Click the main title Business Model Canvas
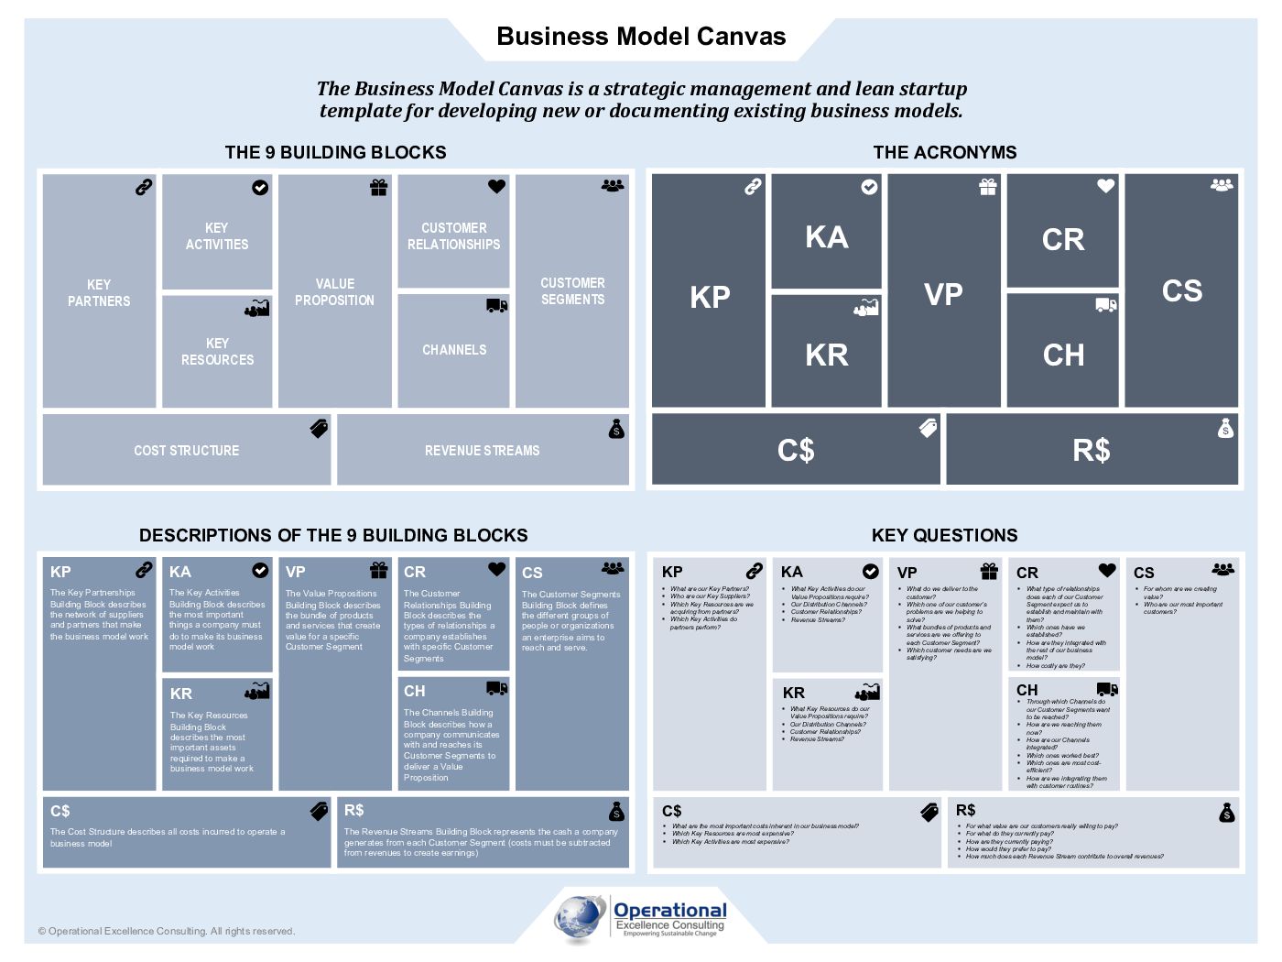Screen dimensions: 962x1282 [x=641, y=37]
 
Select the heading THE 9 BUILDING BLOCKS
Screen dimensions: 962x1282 [x=335, y=152]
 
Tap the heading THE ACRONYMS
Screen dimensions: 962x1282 [x=944, y=152]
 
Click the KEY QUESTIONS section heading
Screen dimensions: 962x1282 [x=944, y=535]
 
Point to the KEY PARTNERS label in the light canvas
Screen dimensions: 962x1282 [x=99, y=292]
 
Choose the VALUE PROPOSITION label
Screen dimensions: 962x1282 [x=334, y=291]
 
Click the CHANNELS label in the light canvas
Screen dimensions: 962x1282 [x=454, y=350]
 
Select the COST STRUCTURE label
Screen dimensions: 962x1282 [x=186, y=451]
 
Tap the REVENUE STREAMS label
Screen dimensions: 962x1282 [x=482, y=451]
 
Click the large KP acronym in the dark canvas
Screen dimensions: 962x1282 [x=710, y=297]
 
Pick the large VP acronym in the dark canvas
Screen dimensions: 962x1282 [x=943, y=294]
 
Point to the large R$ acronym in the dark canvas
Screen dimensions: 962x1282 [x=1091, y=450]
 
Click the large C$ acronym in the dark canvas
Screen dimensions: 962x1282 [x=796, y=450]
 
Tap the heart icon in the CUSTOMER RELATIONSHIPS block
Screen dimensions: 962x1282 [x=496, y=186]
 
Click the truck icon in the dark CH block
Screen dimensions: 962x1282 [x=1106, y=305]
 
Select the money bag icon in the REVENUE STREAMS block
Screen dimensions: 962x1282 [x=616, y=429]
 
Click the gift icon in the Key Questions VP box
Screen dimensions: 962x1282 [x=989, y=571]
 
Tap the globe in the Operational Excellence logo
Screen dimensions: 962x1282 [x=580, y=918]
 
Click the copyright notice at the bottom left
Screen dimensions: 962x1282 [x=167, y=931]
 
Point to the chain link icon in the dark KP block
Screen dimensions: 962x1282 [x=752, y=187]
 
